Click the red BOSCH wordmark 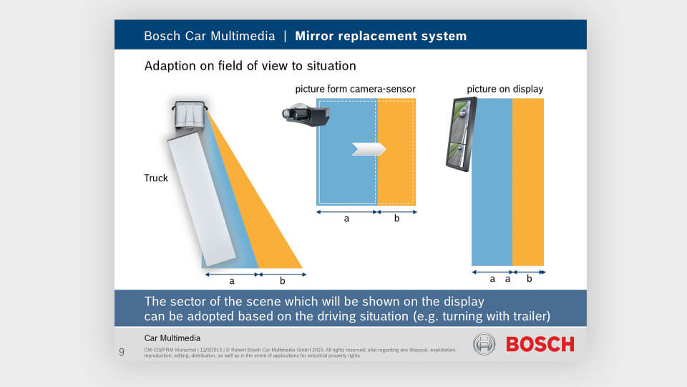click(x=540, y=344)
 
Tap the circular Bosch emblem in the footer click(x=484, y=344)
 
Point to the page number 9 click(x=121, y=352)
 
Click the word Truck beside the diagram click(x=156, y=178)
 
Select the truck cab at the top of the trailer click(x=189, y=115)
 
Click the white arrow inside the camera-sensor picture click(x=369, y=148)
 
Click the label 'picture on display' click(x=505, y=89)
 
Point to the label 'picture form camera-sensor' click(x=355, y=89)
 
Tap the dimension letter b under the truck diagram click(x=282, y=281)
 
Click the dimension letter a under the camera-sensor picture click(x=346, y=219)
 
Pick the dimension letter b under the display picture click(x=529, y=279)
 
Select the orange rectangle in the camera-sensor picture click(x=396, y=152)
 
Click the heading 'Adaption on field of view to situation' click(x=250, y=66)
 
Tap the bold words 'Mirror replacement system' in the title click(x=380, y=36)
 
